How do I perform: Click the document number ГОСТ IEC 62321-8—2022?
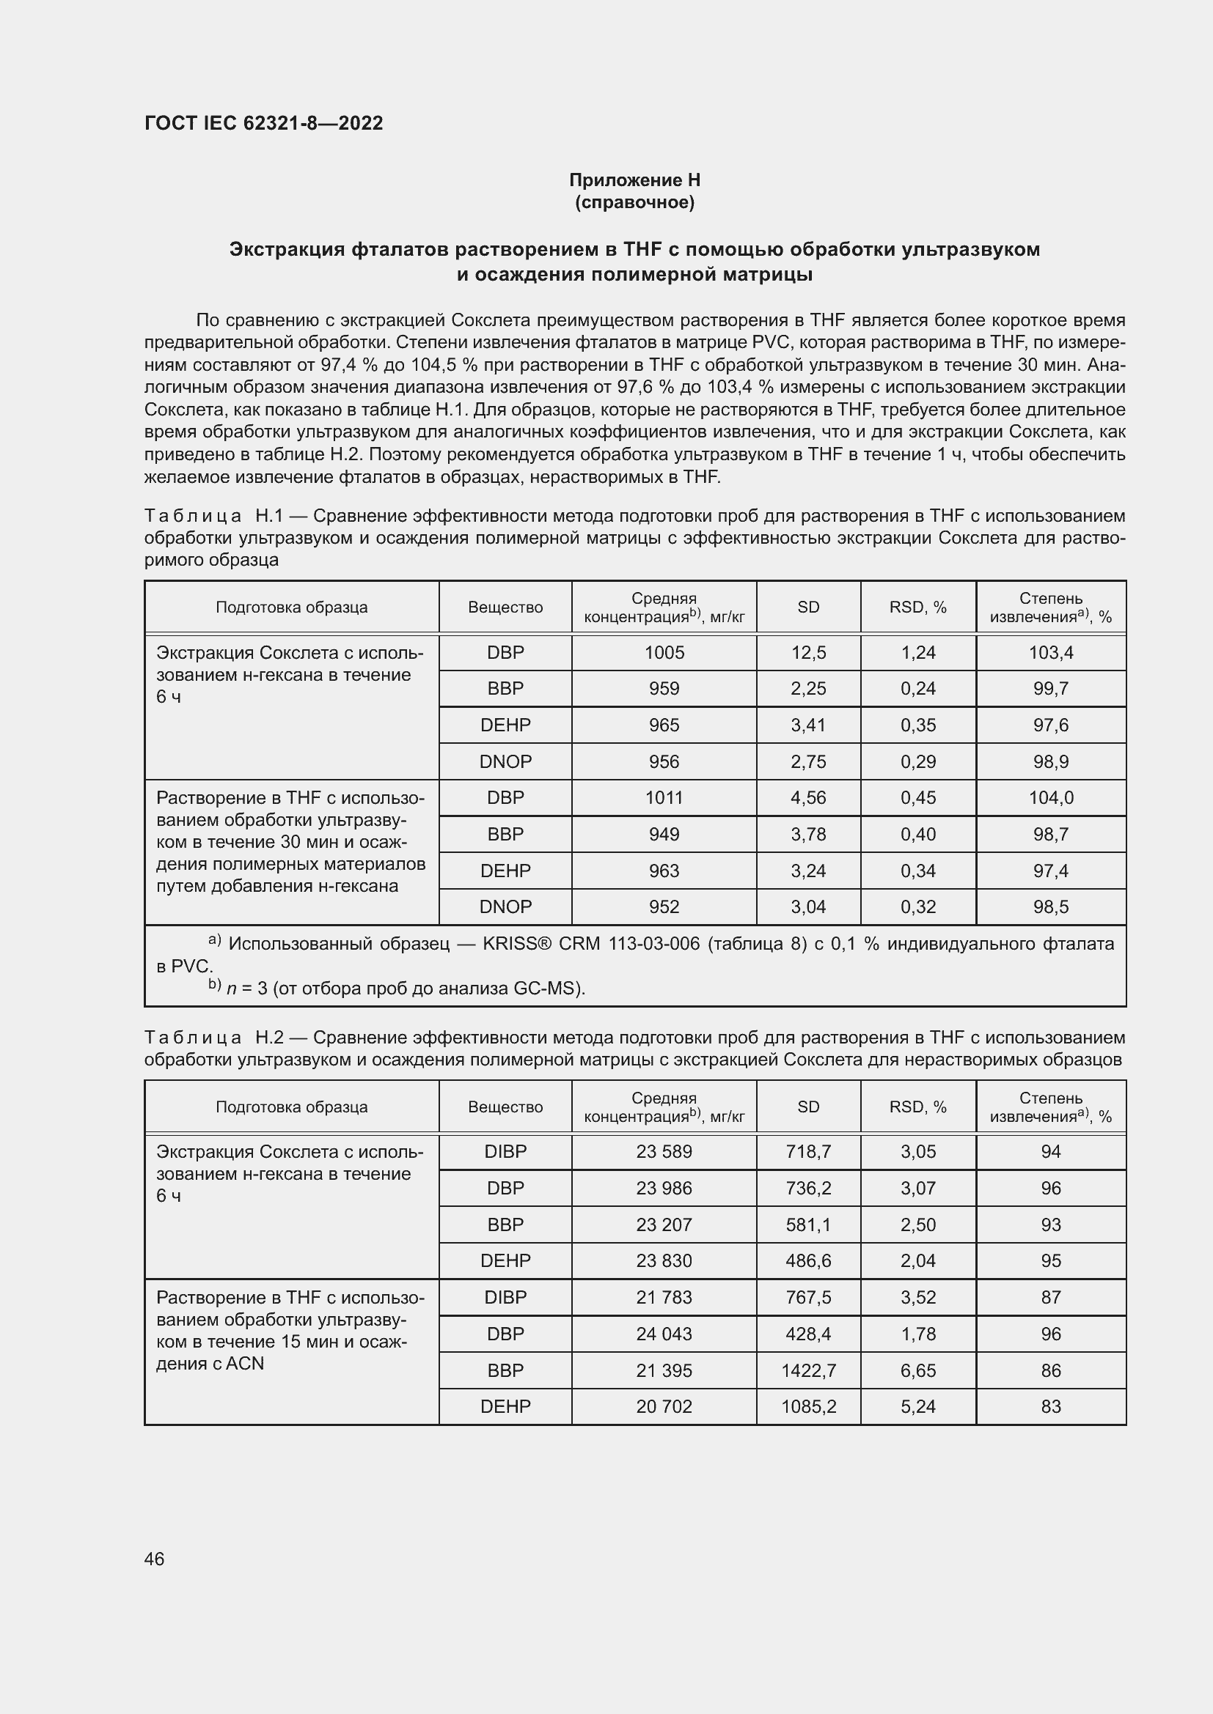pos(263,123)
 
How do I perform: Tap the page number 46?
pos(154,1559)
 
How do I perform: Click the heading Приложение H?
pos(634,180)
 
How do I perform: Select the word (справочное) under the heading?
pos(634,202)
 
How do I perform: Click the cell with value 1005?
pos(664,652)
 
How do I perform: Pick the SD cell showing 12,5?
pos(808,652)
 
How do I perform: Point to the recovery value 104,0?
pos(1050,797)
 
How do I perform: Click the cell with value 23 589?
pos(664,1151)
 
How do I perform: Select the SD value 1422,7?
pos(808,1370)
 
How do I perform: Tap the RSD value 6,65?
pos(918,1370)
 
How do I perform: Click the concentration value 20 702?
pos(664,1406)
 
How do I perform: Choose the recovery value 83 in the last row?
pos(1050,1406)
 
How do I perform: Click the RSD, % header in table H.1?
pos(918,607)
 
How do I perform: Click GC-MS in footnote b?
pos(547,988)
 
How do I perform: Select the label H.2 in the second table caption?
pos(270,1037)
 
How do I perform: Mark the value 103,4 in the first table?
pos(1050,652)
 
